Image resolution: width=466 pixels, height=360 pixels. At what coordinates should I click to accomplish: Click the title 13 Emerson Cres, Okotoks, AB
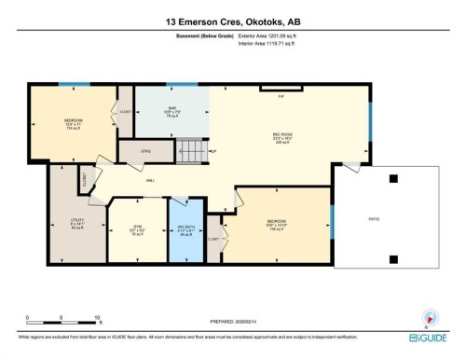(x=233, y=21)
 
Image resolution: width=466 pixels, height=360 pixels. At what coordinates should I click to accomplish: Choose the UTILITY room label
(x=77, y=222)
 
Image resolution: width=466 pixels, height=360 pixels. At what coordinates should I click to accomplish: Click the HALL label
(x=149, y=180)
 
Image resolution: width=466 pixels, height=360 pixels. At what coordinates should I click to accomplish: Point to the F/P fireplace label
(x=281, y=96)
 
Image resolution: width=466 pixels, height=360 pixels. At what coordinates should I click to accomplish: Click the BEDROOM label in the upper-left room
(x=73, y=122)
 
